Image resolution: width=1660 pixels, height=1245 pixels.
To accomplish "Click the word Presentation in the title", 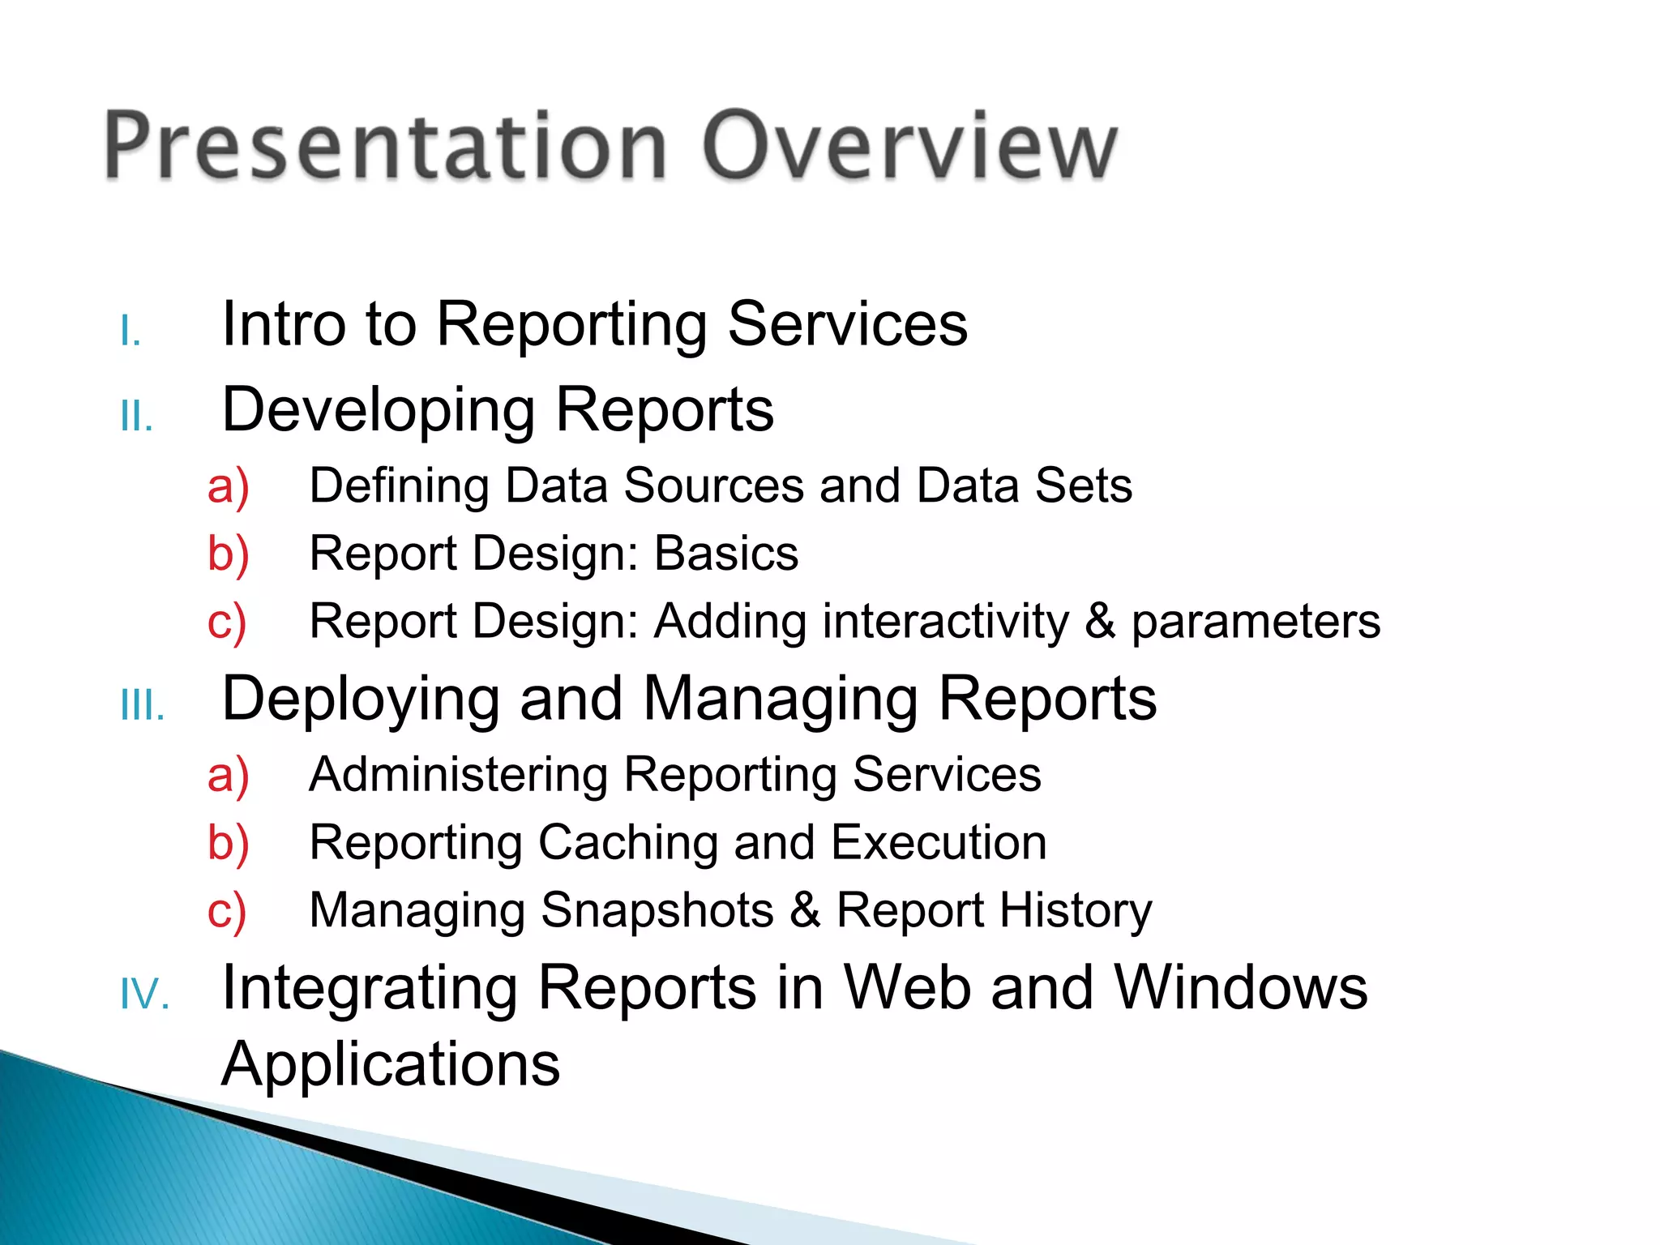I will pyautogui.click(x=385, y=146).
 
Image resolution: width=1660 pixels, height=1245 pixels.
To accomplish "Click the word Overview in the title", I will pyautogui.click(x=909, y=146).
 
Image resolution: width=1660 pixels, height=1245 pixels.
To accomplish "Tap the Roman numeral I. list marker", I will pyautogui.click(x=130, y=332).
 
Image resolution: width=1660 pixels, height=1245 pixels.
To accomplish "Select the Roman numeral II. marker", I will pyautogui.click(x=136, y=418).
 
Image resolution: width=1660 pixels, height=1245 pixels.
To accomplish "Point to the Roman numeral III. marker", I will pyautogui.click(x=143, y=707).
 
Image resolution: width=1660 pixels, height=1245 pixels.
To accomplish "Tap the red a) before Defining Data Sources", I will pyautogui.click(x=228, y=487).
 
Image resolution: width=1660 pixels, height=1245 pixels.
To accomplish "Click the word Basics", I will pyautogui.click(x=726, y=554).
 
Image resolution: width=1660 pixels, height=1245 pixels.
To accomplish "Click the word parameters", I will pyautogui.click(x=1256, y=623).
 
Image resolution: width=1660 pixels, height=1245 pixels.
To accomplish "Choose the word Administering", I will pyautogui.click(x=459, y=775).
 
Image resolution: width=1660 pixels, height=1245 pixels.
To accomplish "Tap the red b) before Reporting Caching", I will pyautogui.click(x=228, y=844).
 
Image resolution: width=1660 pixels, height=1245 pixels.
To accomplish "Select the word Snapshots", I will pyautogui.click(x=657, y=911).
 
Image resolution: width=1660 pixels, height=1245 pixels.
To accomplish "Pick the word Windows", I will pyautogui.click(x=1240, y=988).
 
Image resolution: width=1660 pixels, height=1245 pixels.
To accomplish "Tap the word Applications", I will pyautogui.click(x=391, y=1064).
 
